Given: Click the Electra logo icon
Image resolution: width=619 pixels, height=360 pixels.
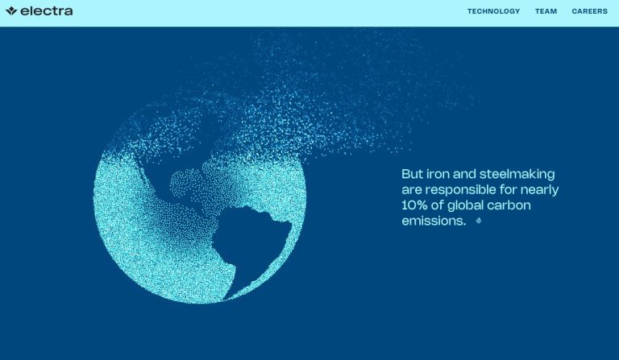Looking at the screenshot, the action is click(11, 10).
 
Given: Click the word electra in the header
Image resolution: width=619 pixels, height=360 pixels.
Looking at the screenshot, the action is click(47, 11).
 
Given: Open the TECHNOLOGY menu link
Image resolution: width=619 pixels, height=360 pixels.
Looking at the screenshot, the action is click(493, 11).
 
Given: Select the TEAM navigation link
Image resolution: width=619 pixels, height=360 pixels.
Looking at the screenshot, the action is click(546, 11).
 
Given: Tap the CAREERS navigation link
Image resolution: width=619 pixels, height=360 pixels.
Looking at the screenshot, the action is click(589, 11).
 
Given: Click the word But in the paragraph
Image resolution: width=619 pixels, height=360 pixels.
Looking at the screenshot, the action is click(413, 174).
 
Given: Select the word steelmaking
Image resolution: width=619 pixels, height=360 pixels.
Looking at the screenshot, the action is click(517, 174).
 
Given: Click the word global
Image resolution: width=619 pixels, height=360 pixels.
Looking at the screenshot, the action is click(465, 205).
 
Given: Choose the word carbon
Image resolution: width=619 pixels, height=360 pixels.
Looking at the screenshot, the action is click(509, 205).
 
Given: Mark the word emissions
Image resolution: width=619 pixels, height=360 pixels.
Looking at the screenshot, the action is click(434, 221).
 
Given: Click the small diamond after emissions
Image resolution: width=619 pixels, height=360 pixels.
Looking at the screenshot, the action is click(479, 221).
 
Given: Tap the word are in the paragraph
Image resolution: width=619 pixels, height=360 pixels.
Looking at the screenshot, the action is click(412, 190).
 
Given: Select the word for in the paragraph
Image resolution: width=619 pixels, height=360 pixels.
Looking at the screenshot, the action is click(508, 189).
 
